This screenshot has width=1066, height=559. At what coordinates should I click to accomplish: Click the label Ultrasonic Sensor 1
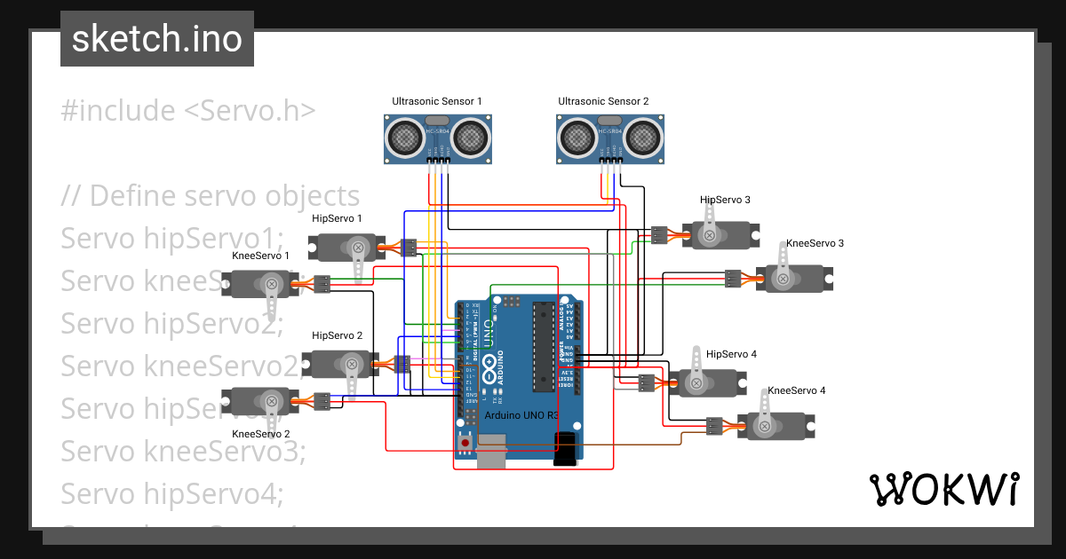click(437, 102)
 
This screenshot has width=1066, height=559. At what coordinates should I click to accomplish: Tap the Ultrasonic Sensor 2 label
click(603, 102)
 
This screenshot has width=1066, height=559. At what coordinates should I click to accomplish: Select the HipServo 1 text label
click(337, 218)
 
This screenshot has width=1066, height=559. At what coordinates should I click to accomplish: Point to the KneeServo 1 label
click(260, 256)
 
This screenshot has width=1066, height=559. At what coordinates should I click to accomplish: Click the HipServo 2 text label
click(337, 336)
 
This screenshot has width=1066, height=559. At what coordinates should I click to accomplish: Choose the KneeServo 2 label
click(260, 434)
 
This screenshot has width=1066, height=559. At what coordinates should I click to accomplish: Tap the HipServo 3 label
click(725, 201)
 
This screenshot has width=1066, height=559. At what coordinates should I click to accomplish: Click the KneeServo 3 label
click(815, 243)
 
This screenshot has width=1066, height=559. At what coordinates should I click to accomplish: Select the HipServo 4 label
click(731, 354)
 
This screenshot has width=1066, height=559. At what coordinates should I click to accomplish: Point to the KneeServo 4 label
click(796, 390)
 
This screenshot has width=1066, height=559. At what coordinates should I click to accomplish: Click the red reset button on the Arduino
click(465, 441)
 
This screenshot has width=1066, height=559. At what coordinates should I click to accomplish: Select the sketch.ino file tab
click(156, 39)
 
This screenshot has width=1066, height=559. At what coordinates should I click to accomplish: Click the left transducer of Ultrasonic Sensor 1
click(405, 138)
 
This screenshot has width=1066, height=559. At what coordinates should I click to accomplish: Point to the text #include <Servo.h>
click(188, 111)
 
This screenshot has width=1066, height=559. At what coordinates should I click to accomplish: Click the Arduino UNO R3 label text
click(521, 415)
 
